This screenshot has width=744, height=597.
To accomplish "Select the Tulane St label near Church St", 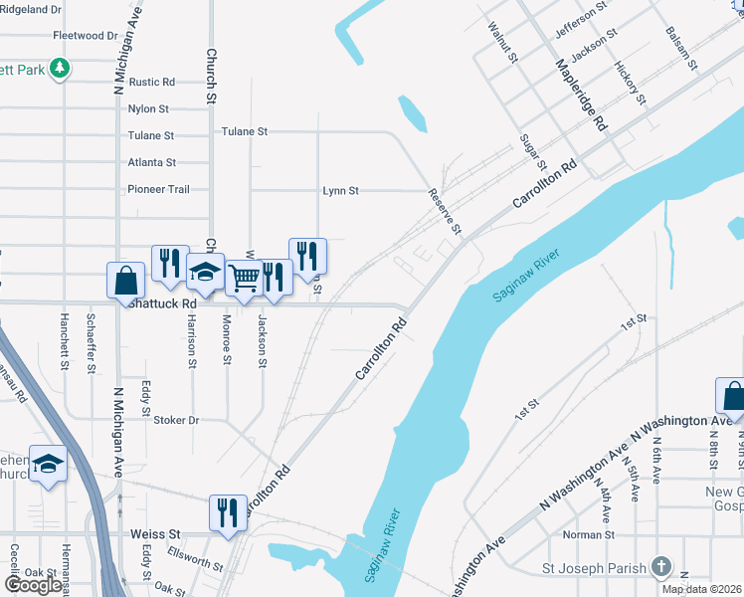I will [244, 131].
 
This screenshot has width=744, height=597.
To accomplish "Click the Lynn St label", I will [340, 190].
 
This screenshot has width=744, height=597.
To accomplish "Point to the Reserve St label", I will [446, 212].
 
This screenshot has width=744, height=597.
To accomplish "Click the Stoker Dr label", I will [176, 420].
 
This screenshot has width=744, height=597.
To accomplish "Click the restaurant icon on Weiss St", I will [228, 512].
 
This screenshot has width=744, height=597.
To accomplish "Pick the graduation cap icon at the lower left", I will [48, 464].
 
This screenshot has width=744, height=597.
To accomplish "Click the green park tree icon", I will [62, 68].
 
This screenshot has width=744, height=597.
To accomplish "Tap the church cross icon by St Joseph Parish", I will [660, 568].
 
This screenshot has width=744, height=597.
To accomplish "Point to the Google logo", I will [33, 585].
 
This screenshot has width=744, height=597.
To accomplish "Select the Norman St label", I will [583, 534].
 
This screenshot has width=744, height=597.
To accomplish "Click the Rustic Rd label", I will [151, 82].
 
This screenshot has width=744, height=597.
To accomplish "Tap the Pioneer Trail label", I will [158, 189].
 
